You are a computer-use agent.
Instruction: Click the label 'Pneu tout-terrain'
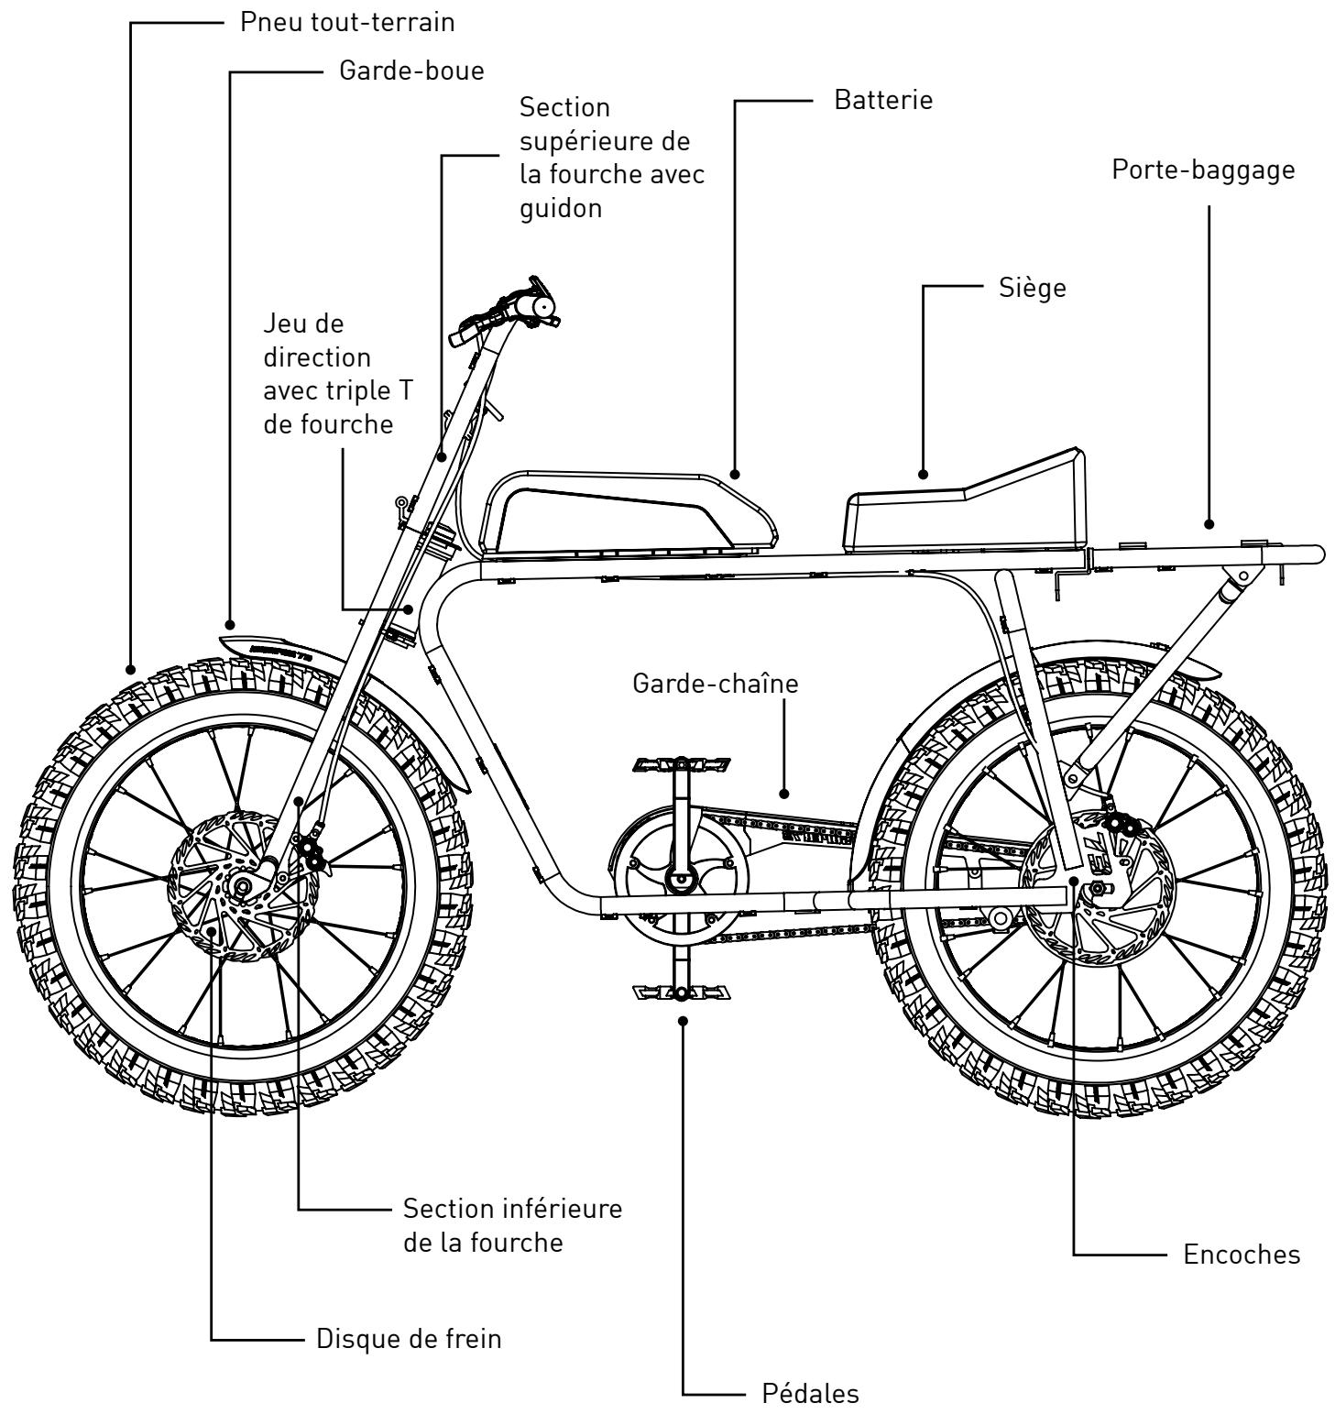click(x=347, y=22)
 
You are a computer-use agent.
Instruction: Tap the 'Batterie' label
click(x=882, y=100)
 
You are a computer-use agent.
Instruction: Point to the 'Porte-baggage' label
click(x=1203, y=170)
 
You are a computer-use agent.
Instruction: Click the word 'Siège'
click(x=1033, y=288)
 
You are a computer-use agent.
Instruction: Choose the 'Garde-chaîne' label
click(x=715, y=684)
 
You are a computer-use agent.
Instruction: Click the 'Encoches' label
click(x=1241, y=1254)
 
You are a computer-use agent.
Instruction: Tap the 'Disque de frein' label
click(x=409, y=1338)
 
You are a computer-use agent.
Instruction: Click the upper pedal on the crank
click(x=680, y=763)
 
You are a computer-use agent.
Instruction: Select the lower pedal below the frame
click(x=680, y=992)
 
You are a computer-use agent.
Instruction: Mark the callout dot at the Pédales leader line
click(x=682, y=1021)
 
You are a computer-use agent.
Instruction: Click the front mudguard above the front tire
click(x=275, y=647)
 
